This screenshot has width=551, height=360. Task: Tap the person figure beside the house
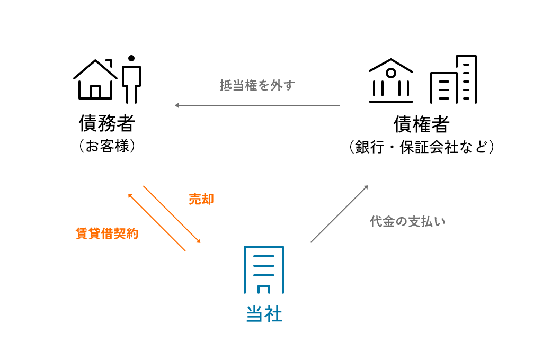tap(131, 79)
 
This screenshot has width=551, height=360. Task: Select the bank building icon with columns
tap(391, 80)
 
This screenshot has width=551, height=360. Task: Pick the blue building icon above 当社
tap(263, 269)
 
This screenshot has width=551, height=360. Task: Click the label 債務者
tap(106, 123)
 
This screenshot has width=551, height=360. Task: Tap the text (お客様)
tap(106, 146)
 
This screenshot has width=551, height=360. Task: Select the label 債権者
tap(421, 124)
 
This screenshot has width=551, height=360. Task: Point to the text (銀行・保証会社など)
tap(421, 147)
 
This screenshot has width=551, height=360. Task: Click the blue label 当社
tap(264, 314)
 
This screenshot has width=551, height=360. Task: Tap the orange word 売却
tap(201, 199)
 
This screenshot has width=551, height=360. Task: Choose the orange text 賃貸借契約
tap(107, 233)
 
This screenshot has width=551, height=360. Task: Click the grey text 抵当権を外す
tap(257, 85)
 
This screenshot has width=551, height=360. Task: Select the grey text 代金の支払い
tap(408, 221)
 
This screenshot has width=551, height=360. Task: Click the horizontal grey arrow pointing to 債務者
tap(257, 105)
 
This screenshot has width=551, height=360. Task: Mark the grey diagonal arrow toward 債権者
tap(339, 214)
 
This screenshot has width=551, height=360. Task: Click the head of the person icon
tap(131, 58)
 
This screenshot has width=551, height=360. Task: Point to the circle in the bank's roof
tap(391, 73)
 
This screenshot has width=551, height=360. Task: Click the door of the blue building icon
tap(264, 289)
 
